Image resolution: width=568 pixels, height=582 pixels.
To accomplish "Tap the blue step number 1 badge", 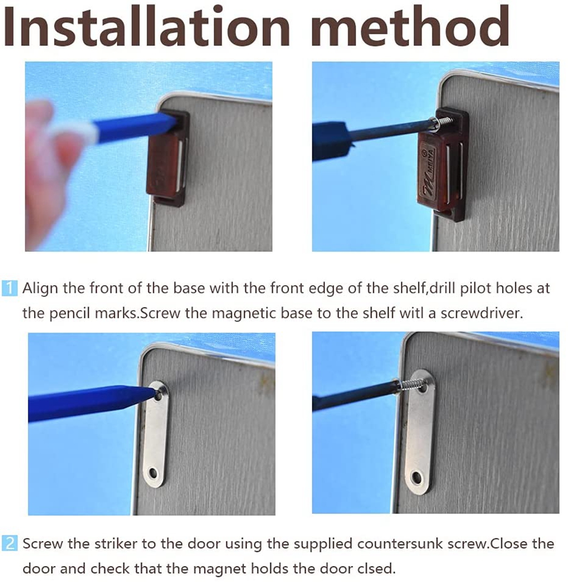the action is coord(9,288).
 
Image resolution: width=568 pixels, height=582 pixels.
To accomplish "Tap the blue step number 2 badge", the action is coord(9,544).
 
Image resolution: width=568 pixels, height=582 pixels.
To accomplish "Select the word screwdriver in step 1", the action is coord(482,313).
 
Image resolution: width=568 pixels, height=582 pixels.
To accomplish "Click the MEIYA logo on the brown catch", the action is coord(431,169).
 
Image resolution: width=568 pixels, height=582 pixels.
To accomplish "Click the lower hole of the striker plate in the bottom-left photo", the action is coord(153,473).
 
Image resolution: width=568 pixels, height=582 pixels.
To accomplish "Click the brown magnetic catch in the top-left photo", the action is coord(167,158).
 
